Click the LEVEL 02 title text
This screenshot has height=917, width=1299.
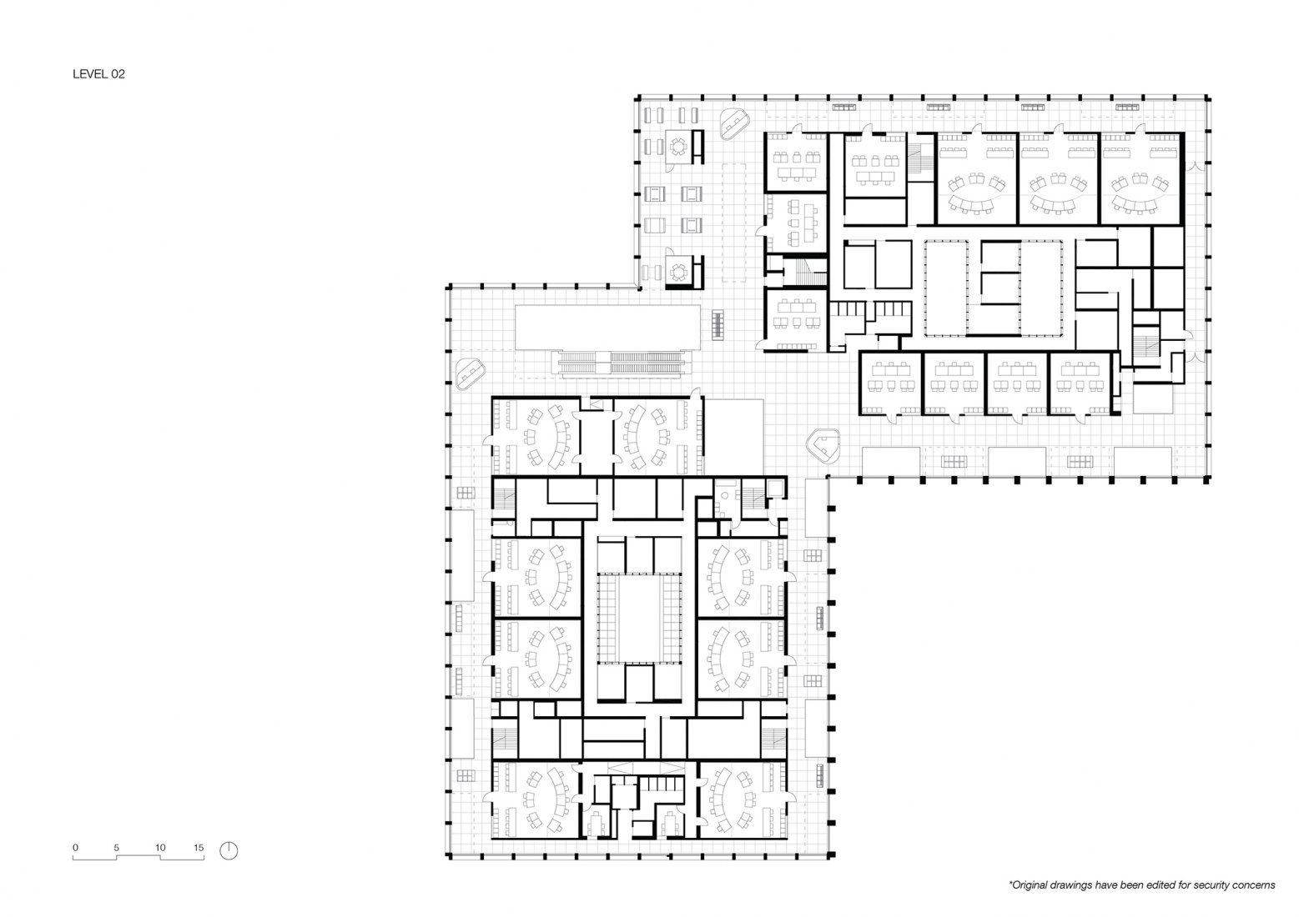(98, 74)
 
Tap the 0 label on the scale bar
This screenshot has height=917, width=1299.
(75, 848)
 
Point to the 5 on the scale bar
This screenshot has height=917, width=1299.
(117, 848)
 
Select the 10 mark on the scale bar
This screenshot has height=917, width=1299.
(159, 848)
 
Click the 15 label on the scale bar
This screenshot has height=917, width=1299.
(199, 848)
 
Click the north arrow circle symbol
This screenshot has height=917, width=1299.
(229, 850)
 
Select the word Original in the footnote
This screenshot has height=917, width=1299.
(1035, 885)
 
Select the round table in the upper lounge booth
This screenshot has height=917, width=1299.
(678, 147)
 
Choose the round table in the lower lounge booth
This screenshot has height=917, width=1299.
(678, 271)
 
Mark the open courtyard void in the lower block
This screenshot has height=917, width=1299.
(639, 618)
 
